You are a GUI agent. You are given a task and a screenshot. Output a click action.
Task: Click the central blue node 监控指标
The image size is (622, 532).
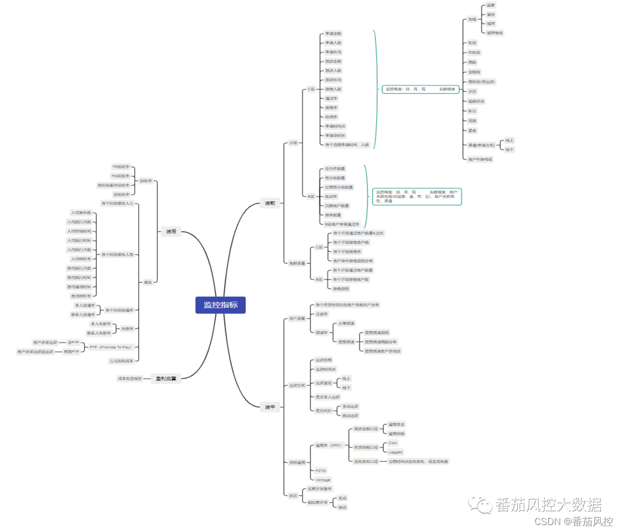221,305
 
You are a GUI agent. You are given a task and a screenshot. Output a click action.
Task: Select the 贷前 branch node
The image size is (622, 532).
270,204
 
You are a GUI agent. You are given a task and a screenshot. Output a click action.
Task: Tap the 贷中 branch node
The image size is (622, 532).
270,407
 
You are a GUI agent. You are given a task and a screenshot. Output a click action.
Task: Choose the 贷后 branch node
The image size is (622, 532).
171,231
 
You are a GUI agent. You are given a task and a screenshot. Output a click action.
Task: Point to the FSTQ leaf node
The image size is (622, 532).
321,470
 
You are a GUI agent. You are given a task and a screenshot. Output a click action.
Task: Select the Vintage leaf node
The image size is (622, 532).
323,480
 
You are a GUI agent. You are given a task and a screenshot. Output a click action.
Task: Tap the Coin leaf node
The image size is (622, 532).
393,443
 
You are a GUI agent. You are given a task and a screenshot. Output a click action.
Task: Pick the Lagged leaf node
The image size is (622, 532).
395,452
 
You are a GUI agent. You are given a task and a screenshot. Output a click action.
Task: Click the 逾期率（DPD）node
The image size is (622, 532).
329,445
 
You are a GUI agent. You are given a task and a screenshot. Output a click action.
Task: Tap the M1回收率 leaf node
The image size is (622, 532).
121,167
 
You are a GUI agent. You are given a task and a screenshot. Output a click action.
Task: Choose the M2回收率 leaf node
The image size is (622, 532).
121,176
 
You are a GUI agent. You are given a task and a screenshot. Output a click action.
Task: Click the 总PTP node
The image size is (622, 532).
73,342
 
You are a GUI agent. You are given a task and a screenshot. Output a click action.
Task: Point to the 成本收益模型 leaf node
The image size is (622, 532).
130,378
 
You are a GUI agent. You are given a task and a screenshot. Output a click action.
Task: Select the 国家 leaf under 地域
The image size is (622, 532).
491,5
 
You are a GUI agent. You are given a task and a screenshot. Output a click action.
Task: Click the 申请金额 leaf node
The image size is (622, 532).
333,33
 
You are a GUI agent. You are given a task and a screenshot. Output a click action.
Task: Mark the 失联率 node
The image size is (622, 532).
127,328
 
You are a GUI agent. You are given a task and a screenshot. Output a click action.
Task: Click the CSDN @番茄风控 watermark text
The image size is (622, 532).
573,522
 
